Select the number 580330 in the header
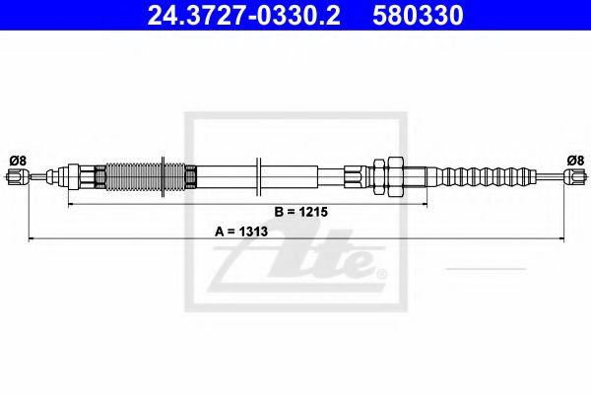[x=418, y=16]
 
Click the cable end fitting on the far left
[x=15, y=177]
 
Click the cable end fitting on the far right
[x=573, y=177]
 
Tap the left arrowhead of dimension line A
[x=32, y=239]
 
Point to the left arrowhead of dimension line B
[x=69, y=205]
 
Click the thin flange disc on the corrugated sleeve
[x=160, y=177]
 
